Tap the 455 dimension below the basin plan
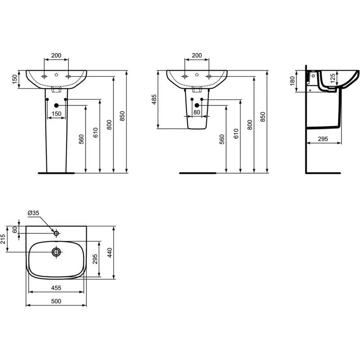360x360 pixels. click(56, 287)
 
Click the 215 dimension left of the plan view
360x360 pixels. click(4, 239)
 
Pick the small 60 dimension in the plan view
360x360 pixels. click(15, 229)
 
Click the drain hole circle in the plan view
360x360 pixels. click(56, 252)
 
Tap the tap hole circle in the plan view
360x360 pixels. click(56, 233)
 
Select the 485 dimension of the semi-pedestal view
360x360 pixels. click(153, 100)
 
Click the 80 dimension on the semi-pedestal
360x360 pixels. click(197, 112)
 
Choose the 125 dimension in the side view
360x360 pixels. click(332, 79)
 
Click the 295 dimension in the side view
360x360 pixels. click(323, 139)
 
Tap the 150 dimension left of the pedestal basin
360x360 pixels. click(15, 79)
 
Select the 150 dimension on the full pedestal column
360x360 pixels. click(56, 113)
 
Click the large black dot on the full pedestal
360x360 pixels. click(56, 105)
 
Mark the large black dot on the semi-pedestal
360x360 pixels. click(197, 105)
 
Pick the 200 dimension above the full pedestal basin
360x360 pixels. click(56, 55)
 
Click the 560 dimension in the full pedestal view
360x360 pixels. click(81, 140)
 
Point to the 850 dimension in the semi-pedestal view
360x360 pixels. click(263, 117)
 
